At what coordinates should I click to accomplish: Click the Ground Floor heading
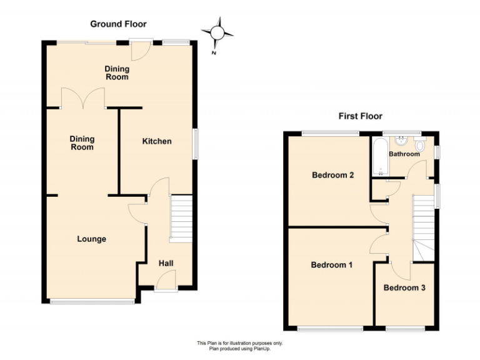[118, 24]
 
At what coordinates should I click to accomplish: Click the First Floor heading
[360, 116]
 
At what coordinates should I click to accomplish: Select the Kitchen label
[157, 141]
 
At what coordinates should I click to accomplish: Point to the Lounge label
[91, 239]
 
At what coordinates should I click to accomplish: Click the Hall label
[166, 264]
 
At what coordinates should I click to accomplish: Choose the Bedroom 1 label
[332, 265]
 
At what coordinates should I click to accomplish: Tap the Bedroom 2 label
[333, 176]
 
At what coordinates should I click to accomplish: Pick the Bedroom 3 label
[404, 288]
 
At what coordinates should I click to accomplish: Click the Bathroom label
[404, 154]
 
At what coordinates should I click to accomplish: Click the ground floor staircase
[180, 217]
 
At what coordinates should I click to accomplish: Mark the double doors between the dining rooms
[83, 98]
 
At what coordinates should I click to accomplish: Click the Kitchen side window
[195, 144]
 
